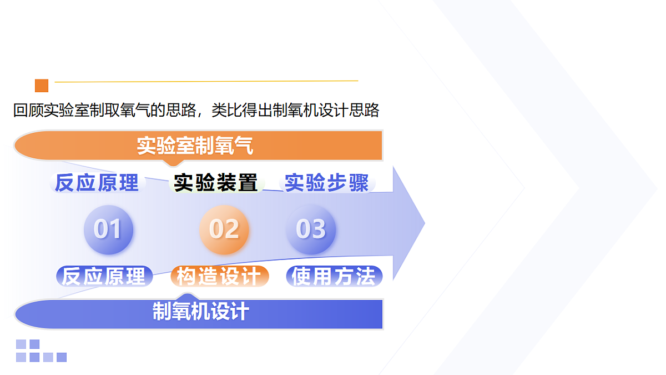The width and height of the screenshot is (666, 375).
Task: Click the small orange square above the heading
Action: (x=42, y=86)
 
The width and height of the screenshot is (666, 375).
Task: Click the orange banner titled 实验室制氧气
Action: (x=198, y=146)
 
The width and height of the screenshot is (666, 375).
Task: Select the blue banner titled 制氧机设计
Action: (x=200, y=313)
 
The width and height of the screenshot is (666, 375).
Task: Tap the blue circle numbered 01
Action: (x=108, y=229)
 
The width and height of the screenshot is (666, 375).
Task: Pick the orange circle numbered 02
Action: (x=224, y=229)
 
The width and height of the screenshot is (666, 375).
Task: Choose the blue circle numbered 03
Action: (x=310, y=229)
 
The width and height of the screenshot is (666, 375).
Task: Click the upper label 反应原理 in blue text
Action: (x=97, y=183)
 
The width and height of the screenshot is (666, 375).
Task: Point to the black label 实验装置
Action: (x=216, y=183)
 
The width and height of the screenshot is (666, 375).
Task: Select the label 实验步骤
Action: (x=327, y=183)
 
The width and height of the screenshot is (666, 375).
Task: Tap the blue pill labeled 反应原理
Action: (x=104, y=276)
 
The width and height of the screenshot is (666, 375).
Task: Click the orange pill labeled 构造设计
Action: (x=219, y=276)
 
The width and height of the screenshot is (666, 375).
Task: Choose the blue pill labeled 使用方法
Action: (x=334, y=276)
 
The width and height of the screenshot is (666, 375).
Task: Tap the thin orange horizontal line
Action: (x=205, y=82)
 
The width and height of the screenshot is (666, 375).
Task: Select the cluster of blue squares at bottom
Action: (x=41, y=351)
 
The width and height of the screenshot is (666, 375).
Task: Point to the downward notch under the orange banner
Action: (x=174, y=164)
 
